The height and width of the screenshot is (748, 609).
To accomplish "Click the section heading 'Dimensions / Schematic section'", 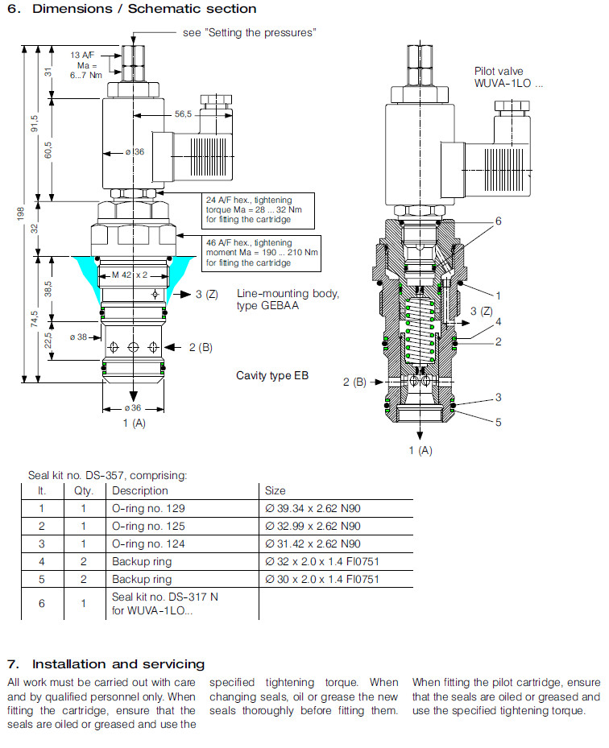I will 141,10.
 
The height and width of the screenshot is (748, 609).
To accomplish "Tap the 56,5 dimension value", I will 184,115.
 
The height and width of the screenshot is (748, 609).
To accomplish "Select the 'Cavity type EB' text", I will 272,376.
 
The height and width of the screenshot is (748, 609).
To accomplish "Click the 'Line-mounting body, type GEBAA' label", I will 288,300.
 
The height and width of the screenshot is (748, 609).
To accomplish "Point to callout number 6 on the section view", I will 498,221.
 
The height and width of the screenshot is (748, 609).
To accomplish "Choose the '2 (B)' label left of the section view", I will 355,382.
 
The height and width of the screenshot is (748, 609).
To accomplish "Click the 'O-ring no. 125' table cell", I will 145,526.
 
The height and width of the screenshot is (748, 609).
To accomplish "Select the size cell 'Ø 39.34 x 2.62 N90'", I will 313,508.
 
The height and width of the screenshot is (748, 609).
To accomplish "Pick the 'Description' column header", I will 140,490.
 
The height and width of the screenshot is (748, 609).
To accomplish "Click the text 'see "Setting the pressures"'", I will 250,33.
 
